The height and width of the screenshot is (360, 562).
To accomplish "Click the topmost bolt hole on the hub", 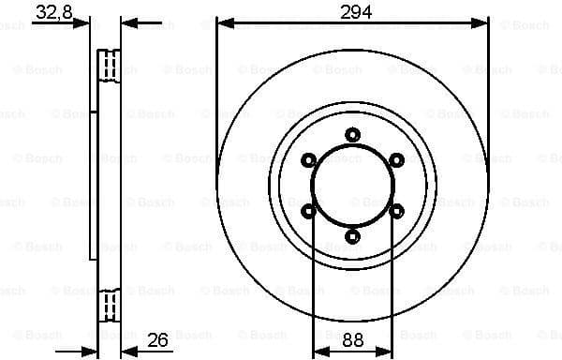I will click(352, 134).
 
